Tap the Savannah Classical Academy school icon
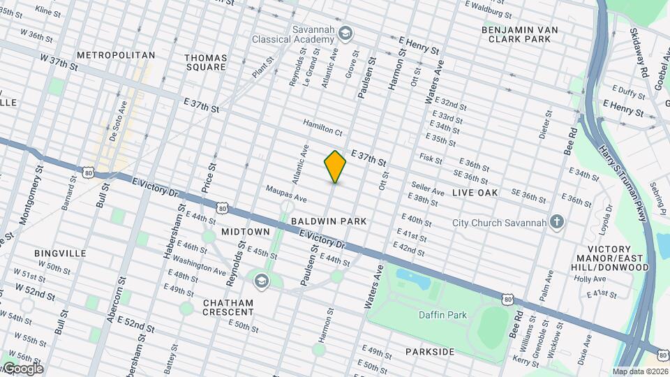[x=345, y=33]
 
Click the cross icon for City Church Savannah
[x=556, y=223]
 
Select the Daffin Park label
[x=442, y=315]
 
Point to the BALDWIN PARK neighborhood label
[x=329, y=221]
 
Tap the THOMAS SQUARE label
[x=205, y=62]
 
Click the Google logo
[x=22, y=369]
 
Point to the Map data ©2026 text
[x=640, y=371]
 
